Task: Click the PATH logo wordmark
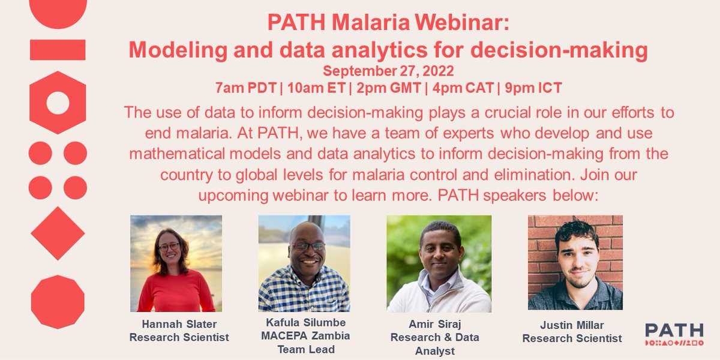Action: (x=674, y=330)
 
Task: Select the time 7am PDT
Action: (x=242, y=88)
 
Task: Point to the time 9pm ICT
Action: (x=533, y=88)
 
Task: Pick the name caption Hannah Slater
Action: (x=179, y=324)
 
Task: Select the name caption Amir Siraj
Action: (x=435, y=324)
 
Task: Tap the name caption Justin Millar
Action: (x=572, y=325)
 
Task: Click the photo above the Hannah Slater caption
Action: (x=176, y=263)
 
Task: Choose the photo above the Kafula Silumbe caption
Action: (x=304, y=263)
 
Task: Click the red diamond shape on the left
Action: (x=58, y=233)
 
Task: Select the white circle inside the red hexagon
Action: (x=58, y=103)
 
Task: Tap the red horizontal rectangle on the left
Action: (x=58, y=50)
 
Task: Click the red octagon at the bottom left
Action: (x=58, y=301)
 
